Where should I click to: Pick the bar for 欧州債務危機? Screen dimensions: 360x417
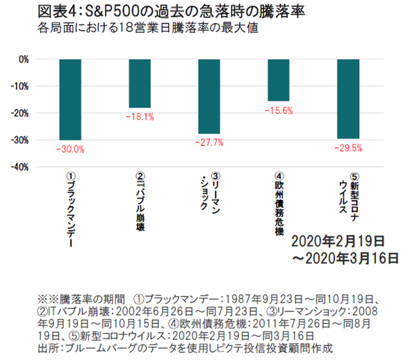279,80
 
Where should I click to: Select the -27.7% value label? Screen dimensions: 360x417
209,142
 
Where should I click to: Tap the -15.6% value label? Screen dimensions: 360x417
279,110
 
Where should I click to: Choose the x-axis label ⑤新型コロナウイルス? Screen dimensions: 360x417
348,200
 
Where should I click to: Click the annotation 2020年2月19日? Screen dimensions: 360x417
338,242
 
